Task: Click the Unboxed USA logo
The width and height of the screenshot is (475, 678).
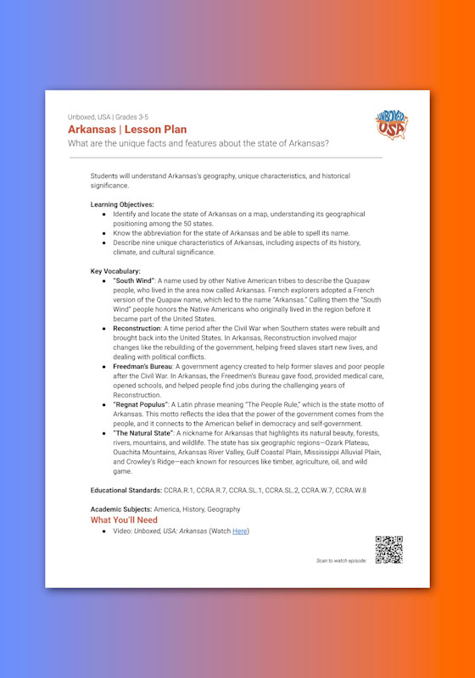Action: point(390,125)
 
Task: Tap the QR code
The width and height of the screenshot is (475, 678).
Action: point(388,550)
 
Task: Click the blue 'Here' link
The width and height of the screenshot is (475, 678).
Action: point(240,531)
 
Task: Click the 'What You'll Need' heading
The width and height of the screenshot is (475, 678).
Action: point(124,520)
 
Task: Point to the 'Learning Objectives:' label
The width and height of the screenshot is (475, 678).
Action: point(122,204)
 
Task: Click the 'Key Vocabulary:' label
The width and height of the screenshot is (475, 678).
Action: point(115,270)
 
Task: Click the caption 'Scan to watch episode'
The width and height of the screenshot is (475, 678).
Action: point(342,561)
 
